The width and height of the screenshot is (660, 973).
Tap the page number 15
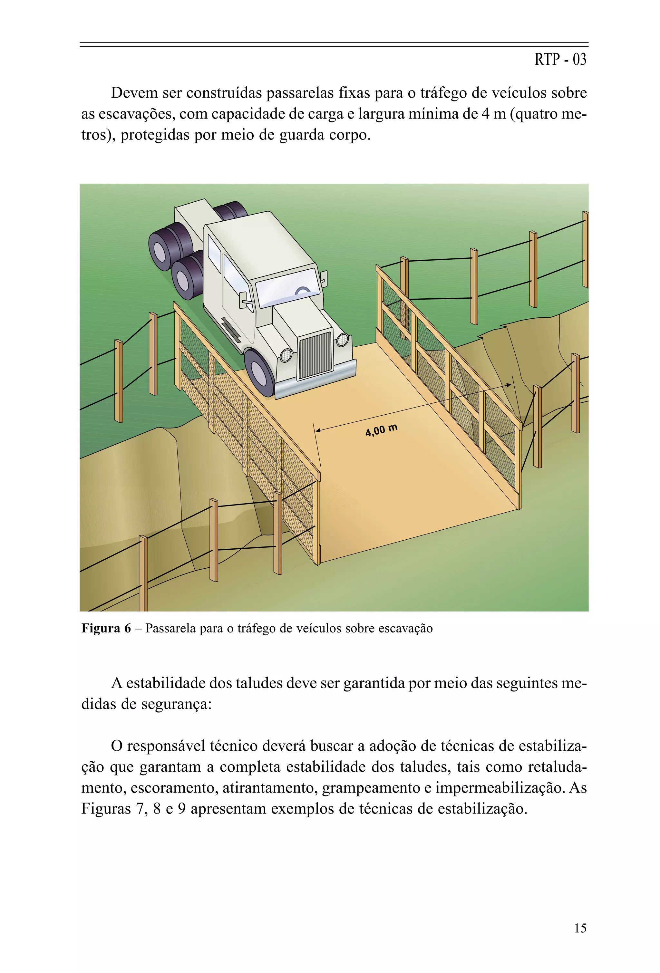580,928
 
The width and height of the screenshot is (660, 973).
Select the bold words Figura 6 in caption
106,629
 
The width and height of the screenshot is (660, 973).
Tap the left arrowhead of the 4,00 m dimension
318,430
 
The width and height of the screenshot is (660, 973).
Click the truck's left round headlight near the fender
286,355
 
